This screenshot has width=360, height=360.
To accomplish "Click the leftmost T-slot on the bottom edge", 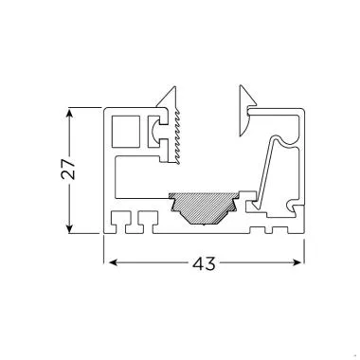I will pos(121,224).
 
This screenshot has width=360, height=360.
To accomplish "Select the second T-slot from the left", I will pos(144,224).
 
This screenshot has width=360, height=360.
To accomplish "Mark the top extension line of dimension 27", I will pos(85,108).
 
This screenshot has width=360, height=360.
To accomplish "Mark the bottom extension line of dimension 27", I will pos(85,233).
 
